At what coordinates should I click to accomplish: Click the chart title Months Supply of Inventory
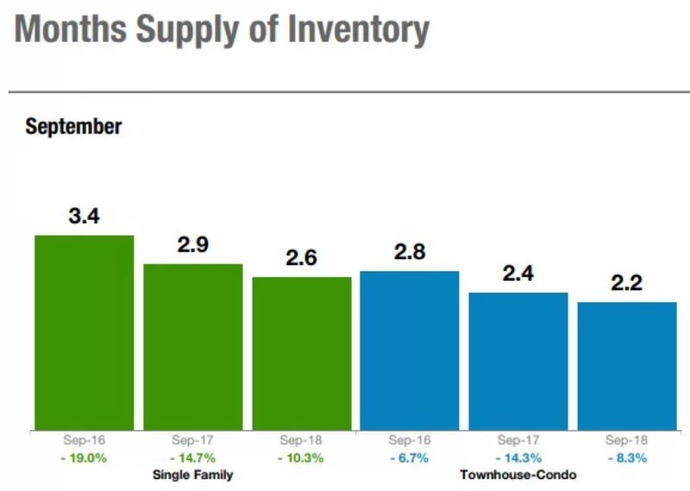point(222,31)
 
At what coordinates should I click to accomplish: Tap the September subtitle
point(73,127)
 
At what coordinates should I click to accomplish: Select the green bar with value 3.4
point(85,333)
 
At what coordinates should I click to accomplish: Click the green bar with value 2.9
point(193,346)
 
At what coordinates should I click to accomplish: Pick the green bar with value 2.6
point(302,353)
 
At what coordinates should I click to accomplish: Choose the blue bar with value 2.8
point(410,350)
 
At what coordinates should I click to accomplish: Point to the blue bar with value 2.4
point(518,361)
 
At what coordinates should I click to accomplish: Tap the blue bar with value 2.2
point(627,365)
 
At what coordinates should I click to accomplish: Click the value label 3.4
point(85,216)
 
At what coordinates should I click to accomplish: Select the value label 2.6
point(302,258)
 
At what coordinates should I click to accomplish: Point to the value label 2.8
point(410,252)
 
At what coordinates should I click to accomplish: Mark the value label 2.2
point(627,283)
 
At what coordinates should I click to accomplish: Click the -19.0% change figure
point(85,458)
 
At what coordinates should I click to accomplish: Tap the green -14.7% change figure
point(193,458)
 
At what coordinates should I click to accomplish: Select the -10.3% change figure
point(302,458)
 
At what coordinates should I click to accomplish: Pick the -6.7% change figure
point(410,458)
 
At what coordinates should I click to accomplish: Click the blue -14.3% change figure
point(518,458)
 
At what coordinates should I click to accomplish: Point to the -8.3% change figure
point(627,458)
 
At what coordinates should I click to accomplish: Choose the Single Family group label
point(193,475)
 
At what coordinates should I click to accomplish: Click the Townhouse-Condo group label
point(518,475)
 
